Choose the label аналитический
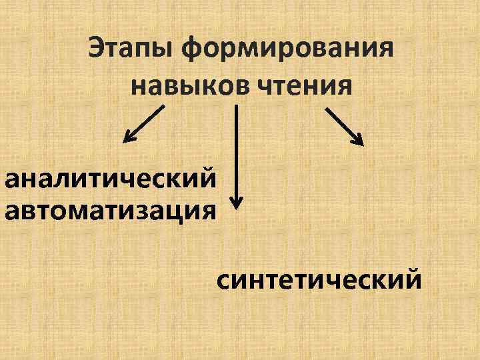tap(111, 179)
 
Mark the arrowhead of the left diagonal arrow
tap(127, 139)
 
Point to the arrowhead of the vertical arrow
tap(236, 202)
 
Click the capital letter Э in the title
tap(95, 49)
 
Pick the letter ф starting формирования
tap(197, 51)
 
